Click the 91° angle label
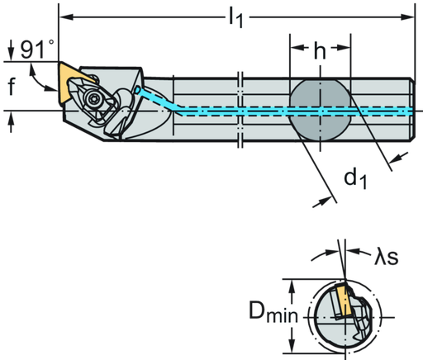pos(34,50)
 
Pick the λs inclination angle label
pos(385,258)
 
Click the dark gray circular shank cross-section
pos(320,111)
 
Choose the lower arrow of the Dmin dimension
pos(295,345)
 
